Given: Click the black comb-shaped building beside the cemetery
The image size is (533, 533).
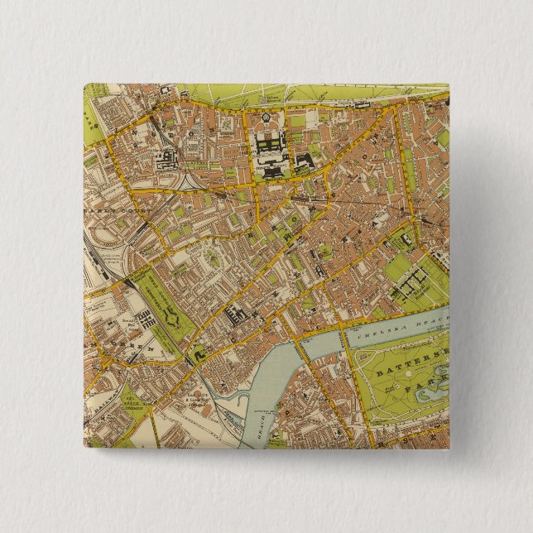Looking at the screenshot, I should pyautogui.click(x=141, y=319).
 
